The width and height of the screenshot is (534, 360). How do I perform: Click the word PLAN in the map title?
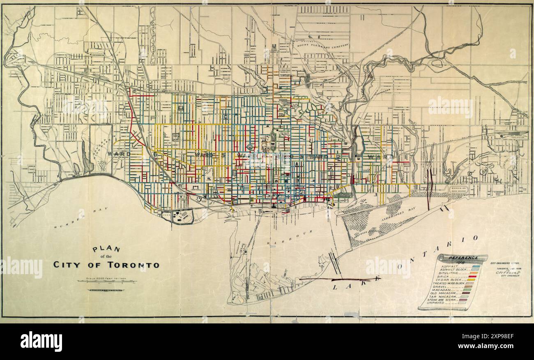[106, 249]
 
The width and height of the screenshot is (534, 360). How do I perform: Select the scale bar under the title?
[106, 282]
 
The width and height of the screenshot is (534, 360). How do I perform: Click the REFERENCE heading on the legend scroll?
[463, 258]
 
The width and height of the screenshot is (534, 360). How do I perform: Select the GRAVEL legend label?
[443, 286]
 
